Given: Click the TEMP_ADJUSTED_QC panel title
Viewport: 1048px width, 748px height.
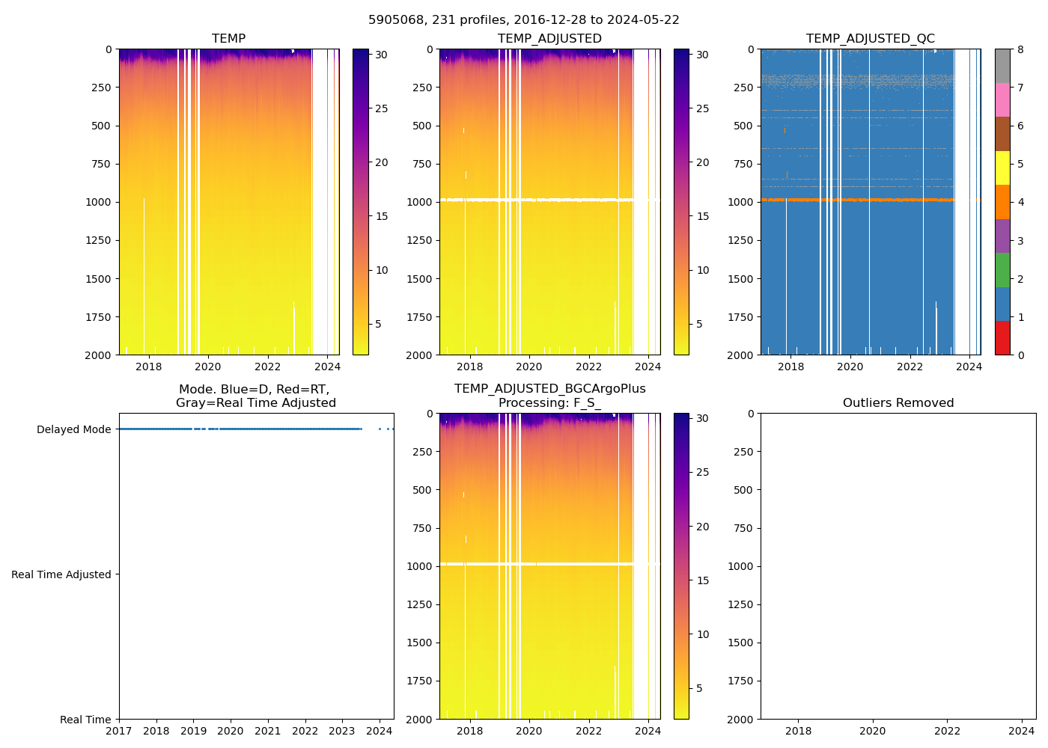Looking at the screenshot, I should [x=870, y=39].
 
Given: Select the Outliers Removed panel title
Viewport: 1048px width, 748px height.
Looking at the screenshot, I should [x=898, y=403].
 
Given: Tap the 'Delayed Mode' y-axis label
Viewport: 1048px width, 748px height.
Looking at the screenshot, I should [x=73, y=429].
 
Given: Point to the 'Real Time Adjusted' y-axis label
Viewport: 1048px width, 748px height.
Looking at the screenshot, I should [x=61, y=574].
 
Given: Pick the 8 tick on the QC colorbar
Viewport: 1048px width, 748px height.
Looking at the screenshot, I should [x=1021, y=50].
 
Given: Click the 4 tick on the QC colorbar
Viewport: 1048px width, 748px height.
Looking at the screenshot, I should [x=1021, y=203].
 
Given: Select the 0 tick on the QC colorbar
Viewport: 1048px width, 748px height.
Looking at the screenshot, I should [x=1021, y=355].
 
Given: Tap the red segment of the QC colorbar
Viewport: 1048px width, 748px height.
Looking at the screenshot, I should [x=1002, y=337].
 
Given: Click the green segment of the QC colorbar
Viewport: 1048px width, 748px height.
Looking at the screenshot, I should [x=1002, y=270].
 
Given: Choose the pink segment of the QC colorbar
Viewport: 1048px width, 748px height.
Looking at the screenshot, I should [x=1002, y=99].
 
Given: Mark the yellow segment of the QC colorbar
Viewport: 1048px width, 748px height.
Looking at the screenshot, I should [x=1002, y=168].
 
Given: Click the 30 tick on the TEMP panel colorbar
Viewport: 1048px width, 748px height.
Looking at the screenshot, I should [x=380, y=55].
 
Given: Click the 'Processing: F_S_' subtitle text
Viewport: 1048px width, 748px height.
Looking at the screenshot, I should [x=549, y=403].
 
